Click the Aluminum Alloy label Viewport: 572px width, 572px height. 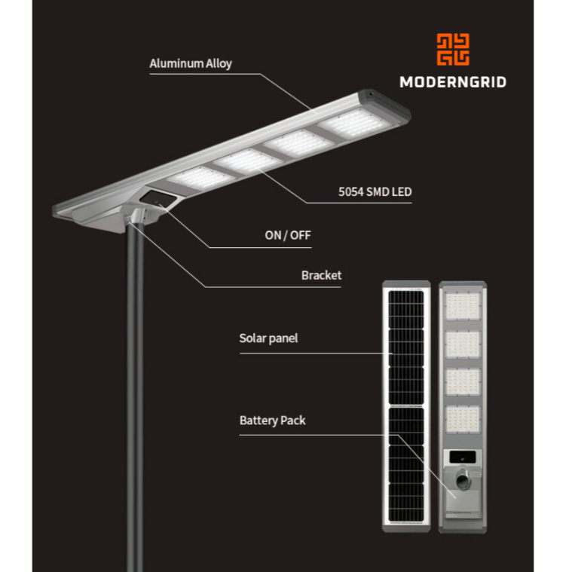[190, 63]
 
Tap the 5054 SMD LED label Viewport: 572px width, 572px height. [375, 192]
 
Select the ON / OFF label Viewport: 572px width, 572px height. [287, 235]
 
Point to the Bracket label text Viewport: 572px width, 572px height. [321, 275]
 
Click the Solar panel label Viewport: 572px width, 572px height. [268, 338]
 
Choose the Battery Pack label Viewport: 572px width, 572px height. [272, 420]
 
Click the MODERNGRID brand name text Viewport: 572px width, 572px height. [452, 82]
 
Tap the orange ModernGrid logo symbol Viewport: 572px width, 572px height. [453, 49]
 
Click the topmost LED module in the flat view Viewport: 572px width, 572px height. [463, 306]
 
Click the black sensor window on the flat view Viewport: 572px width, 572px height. [463, 457]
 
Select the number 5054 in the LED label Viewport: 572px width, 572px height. [351, 192]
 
